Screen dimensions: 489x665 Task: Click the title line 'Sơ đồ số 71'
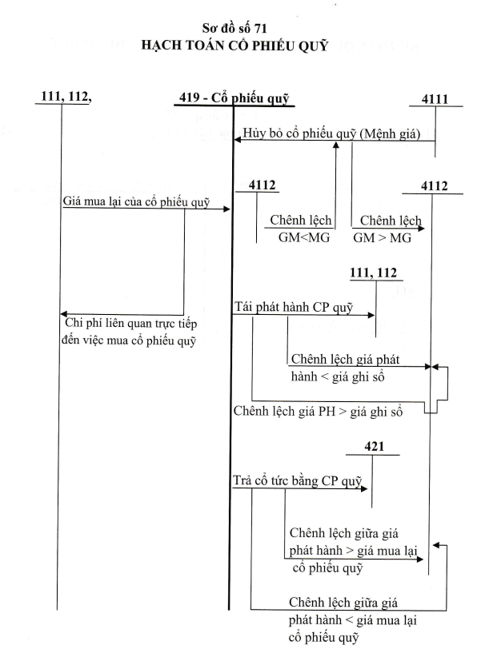(234, 28)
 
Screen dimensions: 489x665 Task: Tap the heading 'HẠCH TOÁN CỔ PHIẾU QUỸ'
(234, 46)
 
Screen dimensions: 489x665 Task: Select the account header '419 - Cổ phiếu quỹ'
(234, 98)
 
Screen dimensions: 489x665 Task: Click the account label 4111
(435, 99)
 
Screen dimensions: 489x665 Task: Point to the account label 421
(374, 447)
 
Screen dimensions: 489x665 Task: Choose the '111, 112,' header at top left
(66, 97)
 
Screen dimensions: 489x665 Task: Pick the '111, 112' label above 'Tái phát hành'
(373, 273)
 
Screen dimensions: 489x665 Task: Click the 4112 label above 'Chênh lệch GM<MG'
(262, 185)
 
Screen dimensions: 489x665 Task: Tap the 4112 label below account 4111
(435, 185)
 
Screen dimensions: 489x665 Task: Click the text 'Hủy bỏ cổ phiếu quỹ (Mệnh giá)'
(331, 133)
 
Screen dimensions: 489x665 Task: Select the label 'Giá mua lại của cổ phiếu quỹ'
(136, 201)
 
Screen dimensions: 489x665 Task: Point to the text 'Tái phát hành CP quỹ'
(294, 307)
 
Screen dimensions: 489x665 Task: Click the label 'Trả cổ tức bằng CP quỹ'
(297, 481)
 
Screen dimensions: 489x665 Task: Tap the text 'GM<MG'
(304, 237)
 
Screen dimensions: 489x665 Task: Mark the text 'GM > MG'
(382, 238)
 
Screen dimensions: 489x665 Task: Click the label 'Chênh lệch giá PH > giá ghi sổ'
(318, 412)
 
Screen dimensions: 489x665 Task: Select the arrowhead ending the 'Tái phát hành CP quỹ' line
(371, 315)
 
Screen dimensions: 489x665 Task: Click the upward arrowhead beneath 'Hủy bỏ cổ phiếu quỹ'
(336, 145)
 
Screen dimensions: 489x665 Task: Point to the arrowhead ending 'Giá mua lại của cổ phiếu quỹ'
(226, 209)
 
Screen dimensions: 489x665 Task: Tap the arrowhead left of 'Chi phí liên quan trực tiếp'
(64, 314)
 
